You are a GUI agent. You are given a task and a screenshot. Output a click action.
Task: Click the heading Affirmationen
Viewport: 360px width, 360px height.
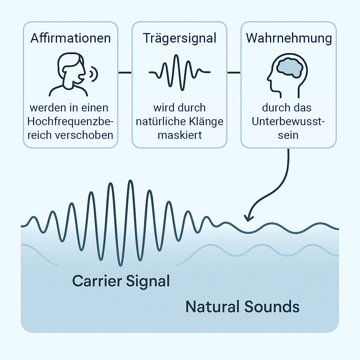coord(70,38)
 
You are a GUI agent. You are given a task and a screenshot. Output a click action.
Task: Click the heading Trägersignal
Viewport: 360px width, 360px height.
coord(179,38)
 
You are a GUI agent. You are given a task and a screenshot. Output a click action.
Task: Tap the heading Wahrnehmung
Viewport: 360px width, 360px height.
coord(288,38)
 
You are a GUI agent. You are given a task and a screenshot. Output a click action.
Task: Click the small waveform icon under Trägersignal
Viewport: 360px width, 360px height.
coord(179,72)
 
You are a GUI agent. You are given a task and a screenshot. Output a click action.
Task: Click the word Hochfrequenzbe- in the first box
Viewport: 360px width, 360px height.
coord(70,121)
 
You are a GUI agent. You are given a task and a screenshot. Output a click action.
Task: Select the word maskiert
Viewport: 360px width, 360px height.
coord(179,135)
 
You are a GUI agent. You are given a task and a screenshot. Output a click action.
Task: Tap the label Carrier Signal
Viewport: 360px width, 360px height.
coord(121,281)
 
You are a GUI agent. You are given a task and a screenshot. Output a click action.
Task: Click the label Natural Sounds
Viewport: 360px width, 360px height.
coord(242,307)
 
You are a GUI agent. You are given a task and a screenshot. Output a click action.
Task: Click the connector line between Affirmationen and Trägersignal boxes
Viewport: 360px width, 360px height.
coord(124,73)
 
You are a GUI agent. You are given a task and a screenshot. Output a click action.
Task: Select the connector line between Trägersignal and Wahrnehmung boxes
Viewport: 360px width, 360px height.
coord(234,73)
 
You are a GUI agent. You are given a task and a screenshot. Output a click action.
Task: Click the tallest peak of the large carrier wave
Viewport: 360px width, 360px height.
coord(131,181)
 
